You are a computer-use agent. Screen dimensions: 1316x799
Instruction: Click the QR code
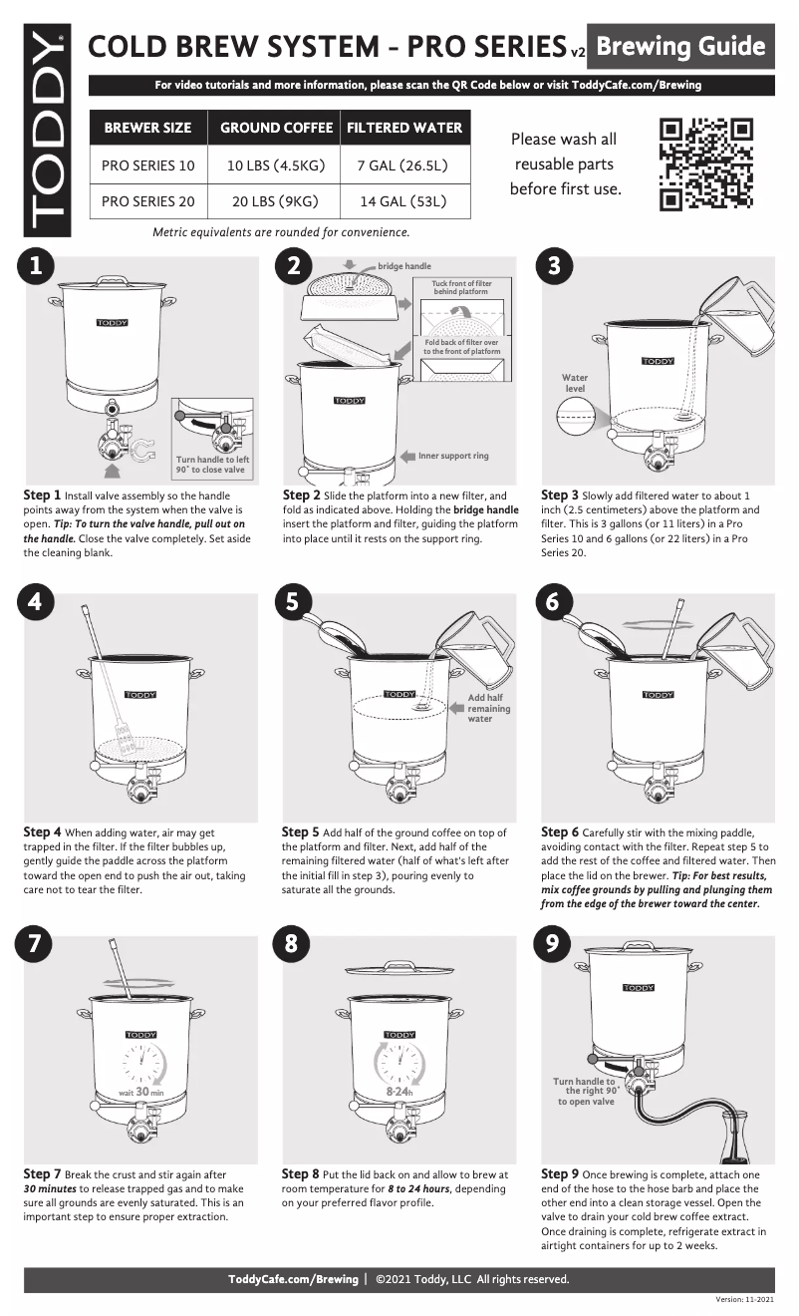(707, 164)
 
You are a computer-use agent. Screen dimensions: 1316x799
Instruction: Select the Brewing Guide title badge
(680, 47)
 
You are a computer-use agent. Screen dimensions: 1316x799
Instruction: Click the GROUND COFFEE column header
(276, 128)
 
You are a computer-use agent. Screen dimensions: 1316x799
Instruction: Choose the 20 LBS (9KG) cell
(274, 201)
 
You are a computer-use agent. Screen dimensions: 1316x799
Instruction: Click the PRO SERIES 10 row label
(148, 164)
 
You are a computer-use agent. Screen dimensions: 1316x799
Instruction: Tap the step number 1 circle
(36, 266)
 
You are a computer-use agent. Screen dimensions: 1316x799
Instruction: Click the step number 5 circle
(293, 602)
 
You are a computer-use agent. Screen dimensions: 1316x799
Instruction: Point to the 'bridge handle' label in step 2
(403, 267)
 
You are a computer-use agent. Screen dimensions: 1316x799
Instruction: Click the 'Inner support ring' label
(453, 456)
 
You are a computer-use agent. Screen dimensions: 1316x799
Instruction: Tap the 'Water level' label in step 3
(575, 383)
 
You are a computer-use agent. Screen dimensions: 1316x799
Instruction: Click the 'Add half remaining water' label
(488, 708)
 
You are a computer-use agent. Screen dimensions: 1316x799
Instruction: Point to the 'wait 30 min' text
(140, 1092)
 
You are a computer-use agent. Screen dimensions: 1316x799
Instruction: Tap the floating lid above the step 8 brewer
(399, 970)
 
